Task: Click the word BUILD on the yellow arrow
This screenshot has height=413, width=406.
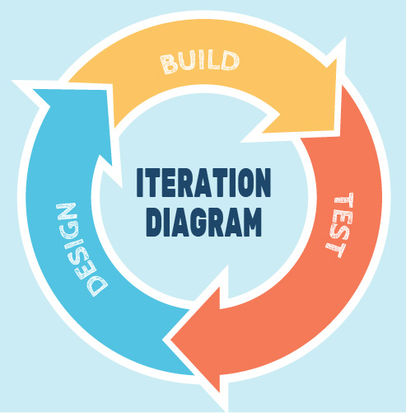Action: pos(200,62)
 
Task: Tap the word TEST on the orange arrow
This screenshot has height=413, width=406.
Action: pos(340,225)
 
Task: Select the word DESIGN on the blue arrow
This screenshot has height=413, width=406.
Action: pos(81,249)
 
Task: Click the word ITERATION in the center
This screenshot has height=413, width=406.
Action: pos(203,182)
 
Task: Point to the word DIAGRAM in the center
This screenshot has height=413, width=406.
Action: pos(203,222)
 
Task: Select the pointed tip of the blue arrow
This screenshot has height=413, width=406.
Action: pos(34,90)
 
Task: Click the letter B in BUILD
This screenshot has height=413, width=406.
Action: pos(169,64)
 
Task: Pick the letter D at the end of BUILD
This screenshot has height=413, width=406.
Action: pos(230,60)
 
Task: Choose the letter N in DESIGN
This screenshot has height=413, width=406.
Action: pos(67,211)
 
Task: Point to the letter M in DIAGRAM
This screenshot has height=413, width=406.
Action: pos(252,222)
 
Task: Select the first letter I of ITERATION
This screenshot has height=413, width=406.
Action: pos(140,182)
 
